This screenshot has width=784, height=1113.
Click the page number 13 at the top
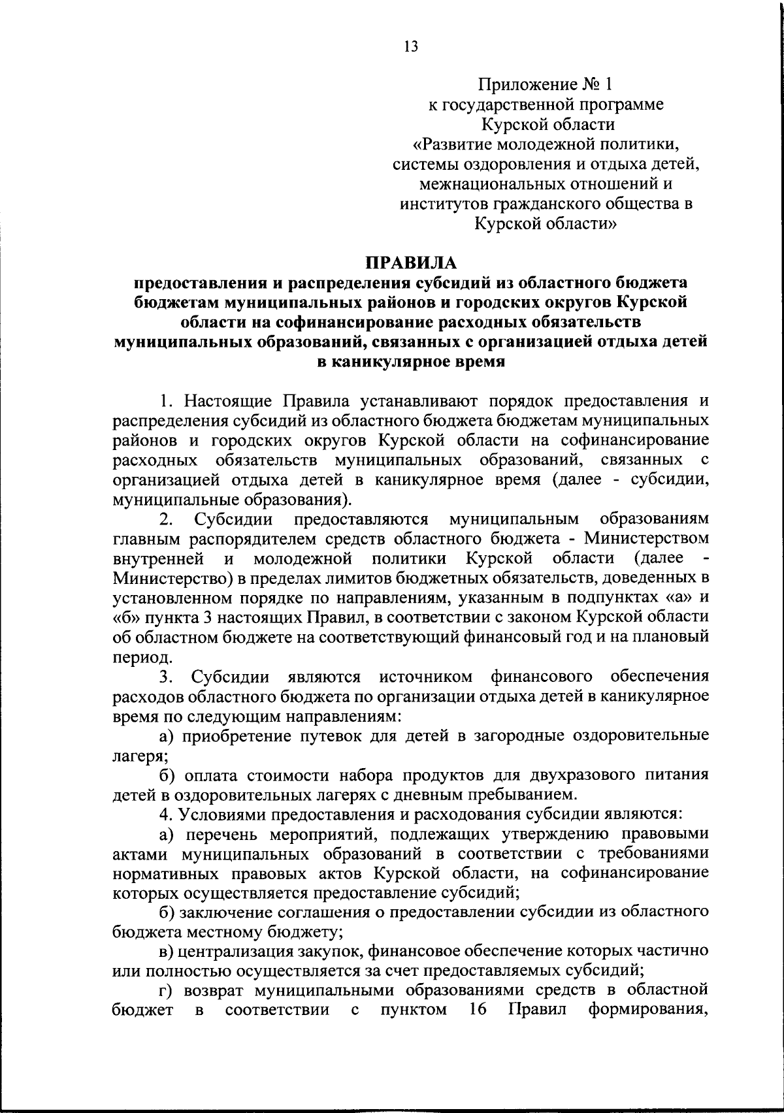[411, 46]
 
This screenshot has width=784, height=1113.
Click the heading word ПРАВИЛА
[411, 263]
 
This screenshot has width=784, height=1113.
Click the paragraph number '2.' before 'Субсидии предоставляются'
[166, 519]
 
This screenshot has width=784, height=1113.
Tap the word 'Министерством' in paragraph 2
[646, 539]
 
